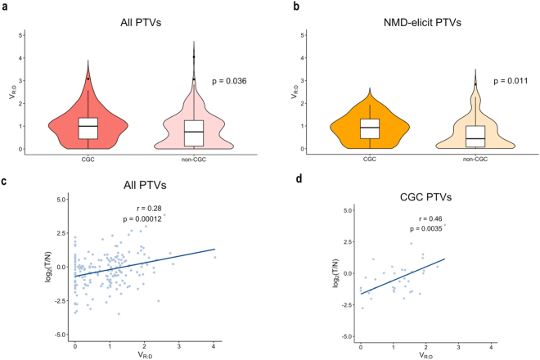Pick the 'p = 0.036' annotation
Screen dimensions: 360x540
[229, 81]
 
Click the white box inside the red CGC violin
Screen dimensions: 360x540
[88, 128]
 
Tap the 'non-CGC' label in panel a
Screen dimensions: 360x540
[194, 160]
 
